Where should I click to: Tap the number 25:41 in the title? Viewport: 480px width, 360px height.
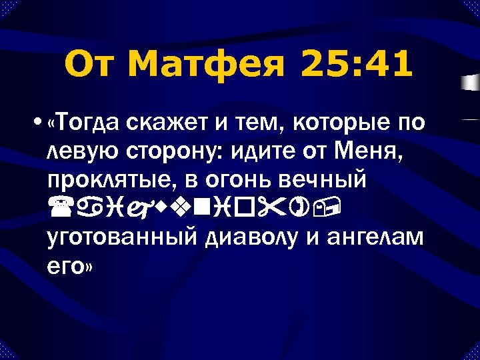pyautogui.click(x=357, y=65)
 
